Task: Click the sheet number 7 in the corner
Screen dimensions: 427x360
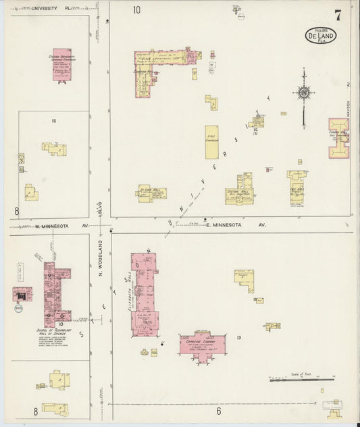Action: point(337,15)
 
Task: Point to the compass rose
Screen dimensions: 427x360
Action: point(305,93)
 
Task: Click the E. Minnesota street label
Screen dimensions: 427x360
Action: point(236,224)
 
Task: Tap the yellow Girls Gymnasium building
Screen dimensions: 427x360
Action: point(211,142)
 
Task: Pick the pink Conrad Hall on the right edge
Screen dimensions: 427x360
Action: point(338,138)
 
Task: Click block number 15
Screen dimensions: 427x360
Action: point(53,121)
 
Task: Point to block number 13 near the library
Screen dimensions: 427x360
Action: point(238,337)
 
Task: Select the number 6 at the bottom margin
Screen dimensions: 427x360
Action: point(219,411)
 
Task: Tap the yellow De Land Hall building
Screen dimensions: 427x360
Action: point(151,193)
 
